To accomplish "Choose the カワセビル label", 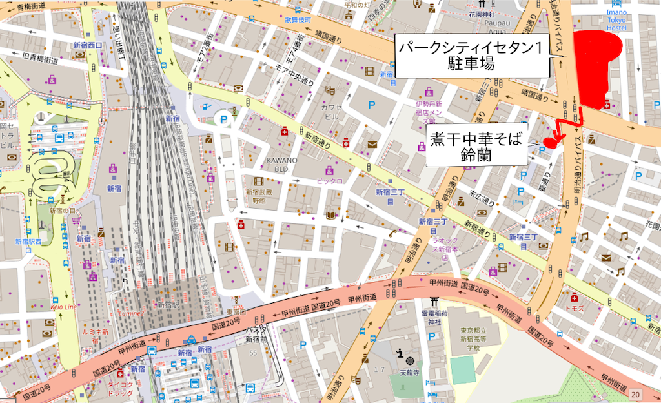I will tap(329, 112).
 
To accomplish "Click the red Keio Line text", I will tap(63, 307).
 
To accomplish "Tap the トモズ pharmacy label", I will tap(574, 308).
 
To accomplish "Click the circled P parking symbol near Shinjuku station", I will tap(223, 119).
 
